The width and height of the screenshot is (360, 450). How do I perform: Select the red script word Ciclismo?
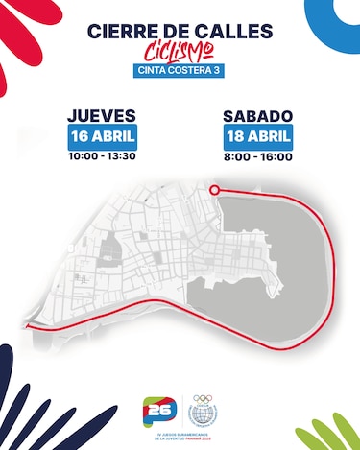tap(180, 51)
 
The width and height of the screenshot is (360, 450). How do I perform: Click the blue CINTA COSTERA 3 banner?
tap(180, 69)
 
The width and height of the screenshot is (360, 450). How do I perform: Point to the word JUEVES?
tap(102, 116)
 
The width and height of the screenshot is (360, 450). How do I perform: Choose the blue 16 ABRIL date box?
tap(102, 136)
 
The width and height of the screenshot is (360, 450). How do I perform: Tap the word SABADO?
tap(258, 116)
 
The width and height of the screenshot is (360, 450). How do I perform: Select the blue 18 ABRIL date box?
tap(258, 136)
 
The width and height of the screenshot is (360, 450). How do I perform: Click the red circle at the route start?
tap(214, 190)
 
